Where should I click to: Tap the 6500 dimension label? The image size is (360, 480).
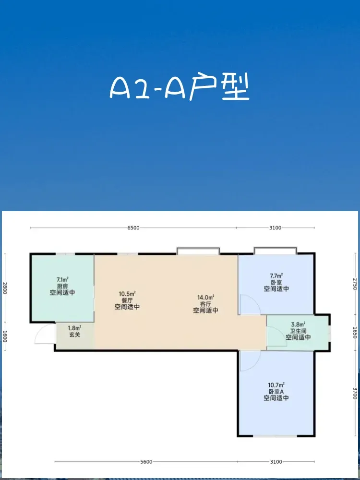tap(133, 228)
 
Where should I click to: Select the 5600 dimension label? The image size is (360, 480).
tap(146, 462)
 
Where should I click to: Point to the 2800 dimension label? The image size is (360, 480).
tap(5, 288)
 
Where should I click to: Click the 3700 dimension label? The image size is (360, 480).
tap(355, 394)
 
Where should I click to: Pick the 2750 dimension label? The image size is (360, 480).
tap(355, 284)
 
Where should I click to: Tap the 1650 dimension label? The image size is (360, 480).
tap(355, 333)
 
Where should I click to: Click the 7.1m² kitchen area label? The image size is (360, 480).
tap(62, 279)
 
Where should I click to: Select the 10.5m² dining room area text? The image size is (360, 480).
tap(127, 294)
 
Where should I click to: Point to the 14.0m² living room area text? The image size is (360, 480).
tap(206, 297)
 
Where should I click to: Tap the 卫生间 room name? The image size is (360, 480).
tap(299, 331)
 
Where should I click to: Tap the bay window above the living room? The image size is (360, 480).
tap(198, 251)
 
